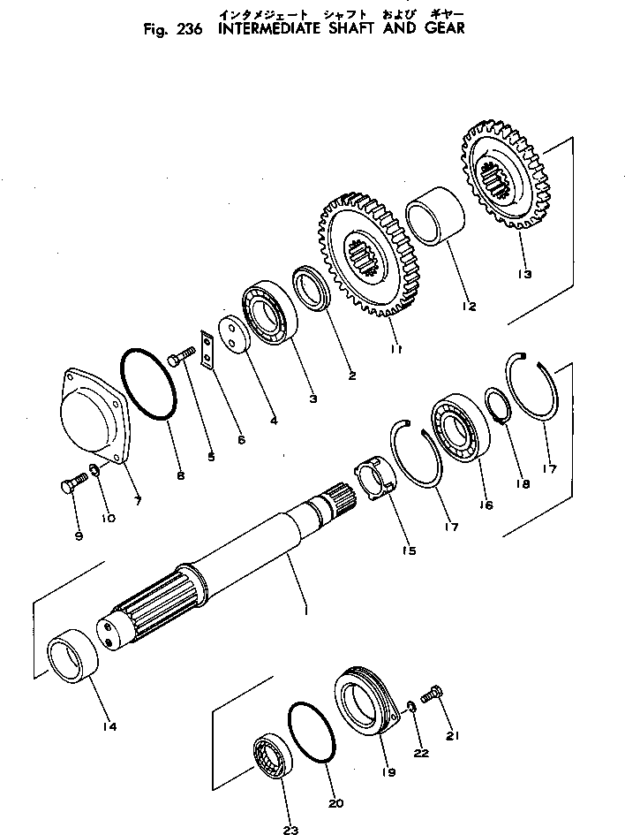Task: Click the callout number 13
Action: (x=524, y=274)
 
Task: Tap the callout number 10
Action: (x=108, y=519)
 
